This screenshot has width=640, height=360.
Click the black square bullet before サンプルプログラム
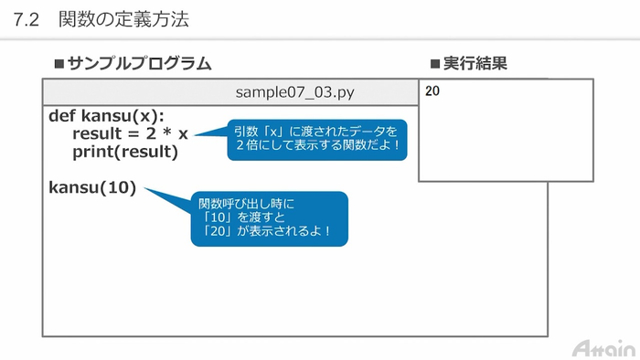pyautogui.click(x=60, y=64)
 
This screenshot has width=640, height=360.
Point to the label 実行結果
pyautogui.click(x=475, y=64)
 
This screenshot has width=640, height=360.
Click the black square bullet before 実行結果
pyautogui.click(x=435, y=64)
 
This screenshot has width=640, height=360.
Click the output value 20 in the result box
pyautogui.click(x=432, y=91)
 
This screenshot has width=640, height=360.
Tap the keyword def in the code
pyautogui.click(x=62, y=116)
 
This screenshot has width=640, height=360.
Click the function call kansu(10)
pyautogui.click(x=92, y=187)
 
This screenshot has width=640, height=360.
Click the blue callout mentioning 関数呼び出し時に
pyautogui.click(x=269, y=219)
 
